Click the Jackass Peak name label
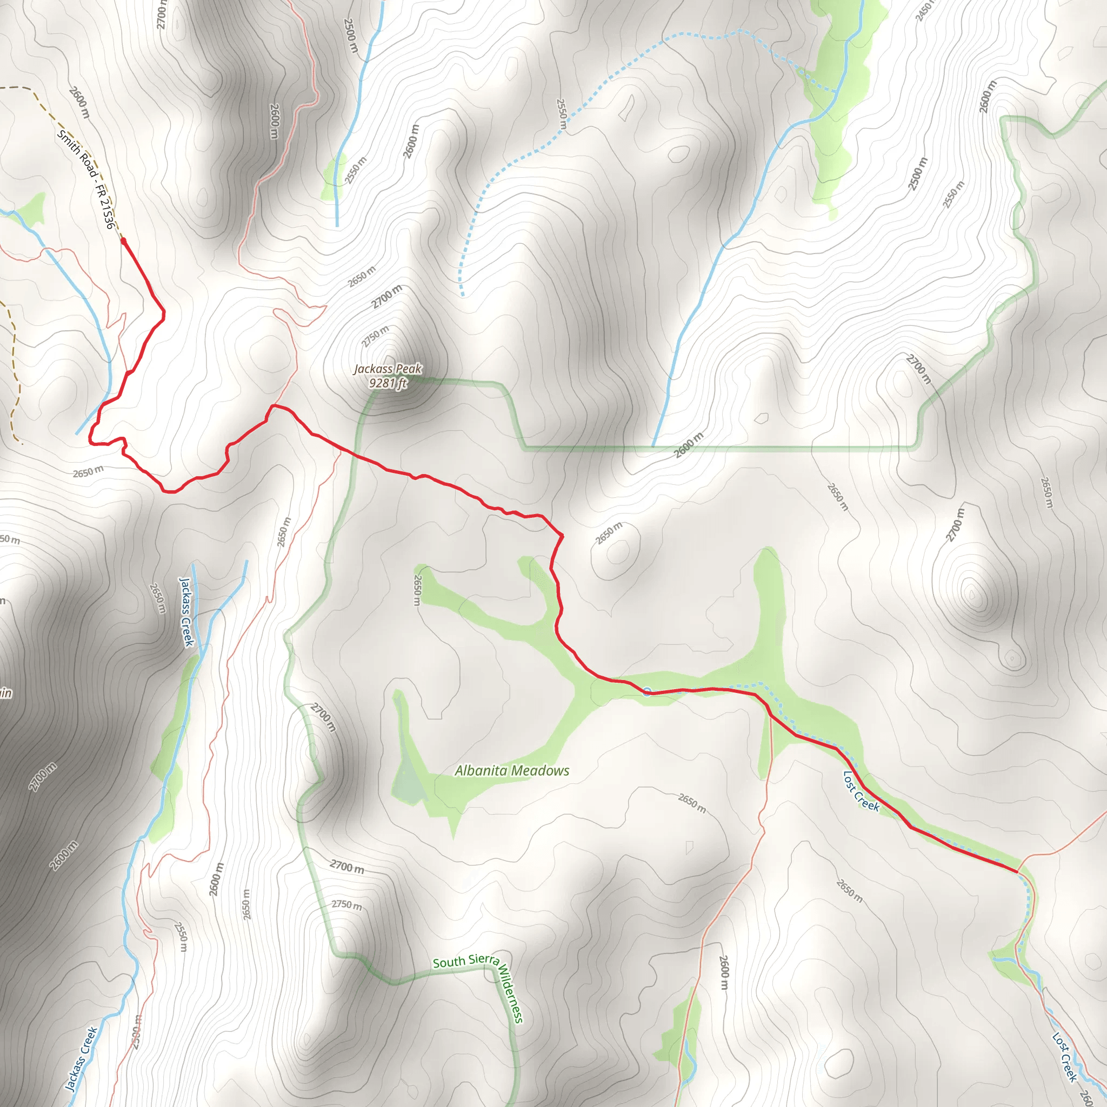(x=388, y=369)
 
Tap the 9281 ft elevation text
(x=388, y=383)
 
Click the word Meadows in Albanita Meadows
(x=541, y=771)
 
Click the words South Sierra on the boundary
(x=465, y=961)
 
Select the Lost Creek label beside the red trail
(x=861, y=791)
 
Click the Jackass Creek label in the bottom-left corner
(x=80, y=1059)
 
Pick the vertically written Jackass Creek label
(x=187, y=611)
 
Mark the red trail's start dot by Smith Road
(x=123, y=241)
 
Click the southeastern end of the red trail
(x=1017, y=871)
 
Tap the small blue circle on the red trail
(x=647, y=691)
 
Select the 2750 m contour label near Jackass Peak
(x=375, y=336)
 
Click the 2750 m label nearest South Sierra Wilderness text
(x=346, y=905)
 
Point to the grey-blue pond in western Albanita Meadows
(x=409, y=779)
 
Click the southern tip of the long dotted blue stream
(x=462, y=295)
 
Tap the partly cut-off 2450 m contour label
(x=924, y=10)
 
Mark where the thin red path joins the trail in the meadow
(x=771, y=715)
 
